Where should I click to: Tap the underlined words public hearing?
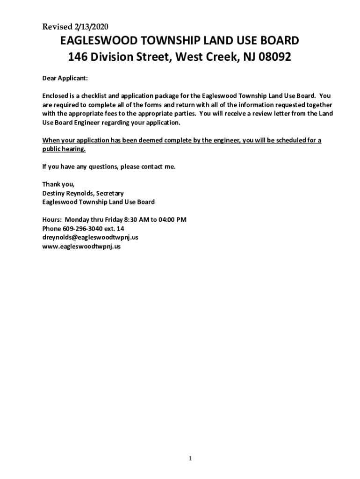(x=64, y=149)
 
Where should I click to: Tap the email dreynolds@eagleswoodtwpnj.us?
(x=90, y=238)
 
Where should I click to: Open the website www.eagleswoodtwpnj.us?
(x=81, y=247)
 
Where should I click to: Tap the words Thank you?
(x=58, y=184)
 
